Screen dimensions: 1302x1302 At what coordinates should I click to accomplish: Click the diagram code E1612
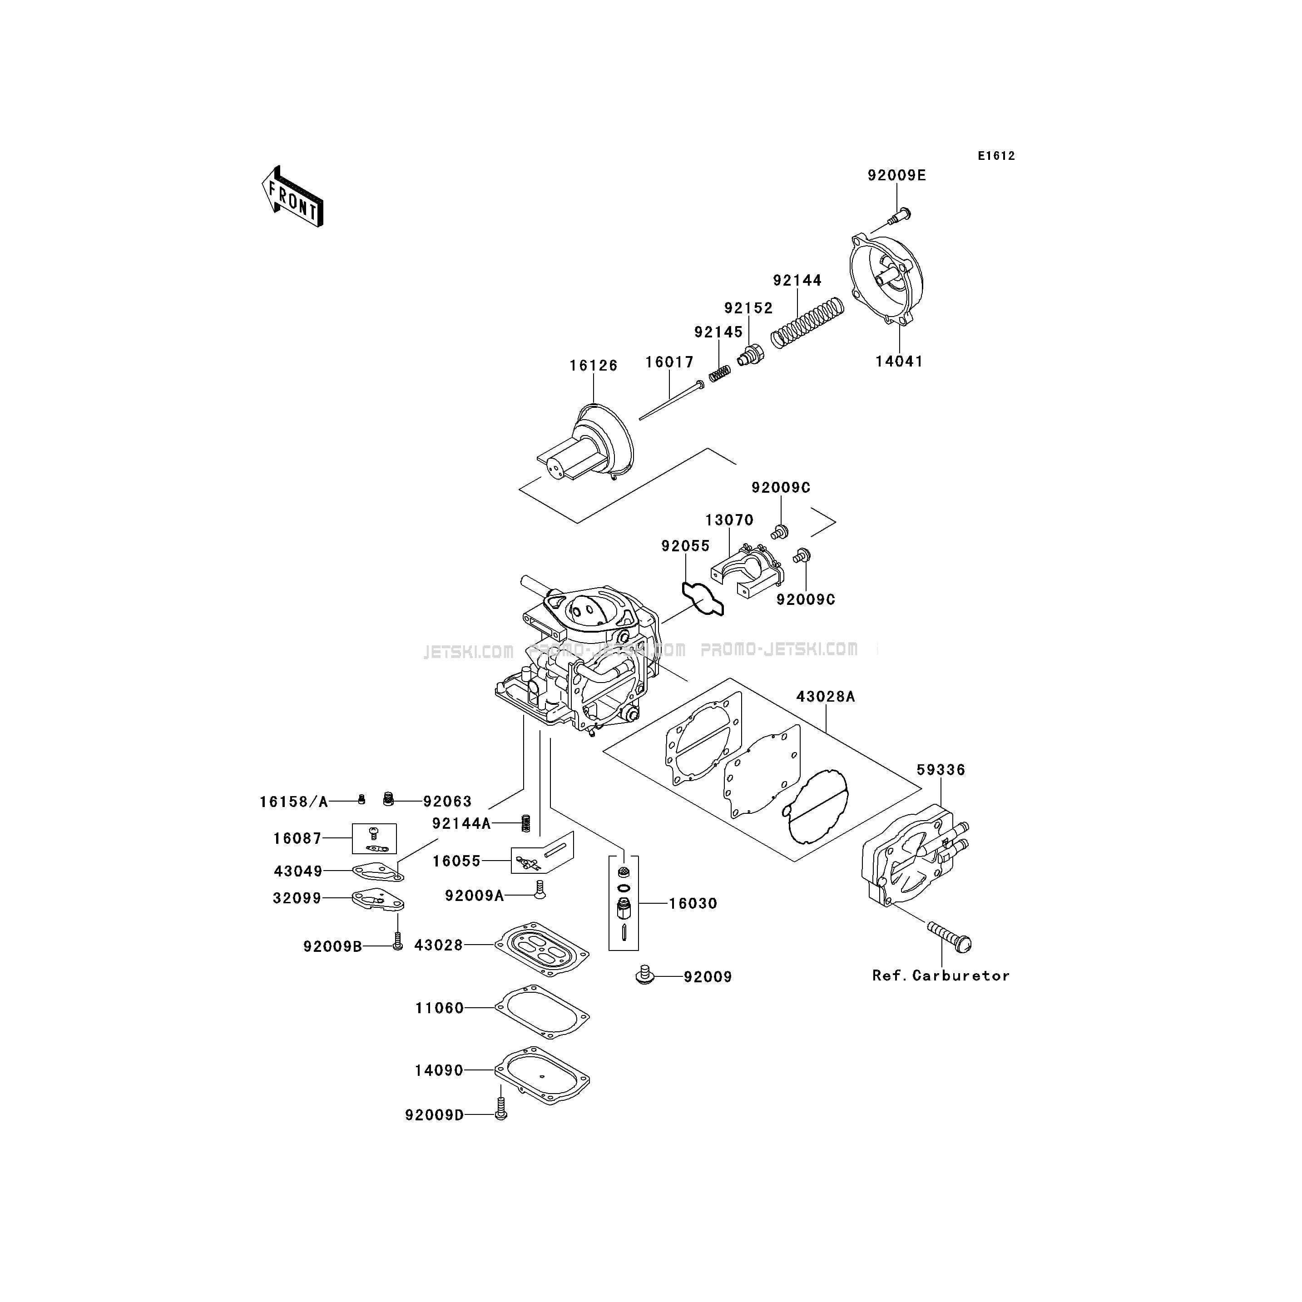click(997, 156)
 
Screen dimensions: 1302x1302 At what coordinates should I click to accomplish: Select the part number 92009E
click(896, 175)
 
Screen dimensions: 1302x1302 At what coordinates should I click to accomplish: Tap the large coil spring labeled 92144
click(807, 323)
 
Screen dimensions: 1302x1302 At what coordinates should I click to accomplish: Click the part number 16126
click(593, 365)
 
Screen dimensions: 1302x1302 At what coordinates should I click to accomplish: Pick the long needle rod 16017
click(671, 401)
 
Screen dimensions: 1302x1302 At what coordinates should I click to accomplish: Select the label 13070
click(729, 520)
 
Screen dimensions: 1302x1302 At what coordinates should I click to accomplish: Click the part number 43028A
click(826, 696)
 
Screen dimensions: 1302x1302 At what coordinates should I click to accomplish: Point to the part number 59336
click(941, 770)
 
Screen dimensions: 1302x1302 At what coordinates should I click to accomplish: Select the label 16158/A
click(294, 802)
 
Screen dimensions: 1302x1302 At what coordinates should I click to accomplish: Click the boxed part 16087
click(374, 838)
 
